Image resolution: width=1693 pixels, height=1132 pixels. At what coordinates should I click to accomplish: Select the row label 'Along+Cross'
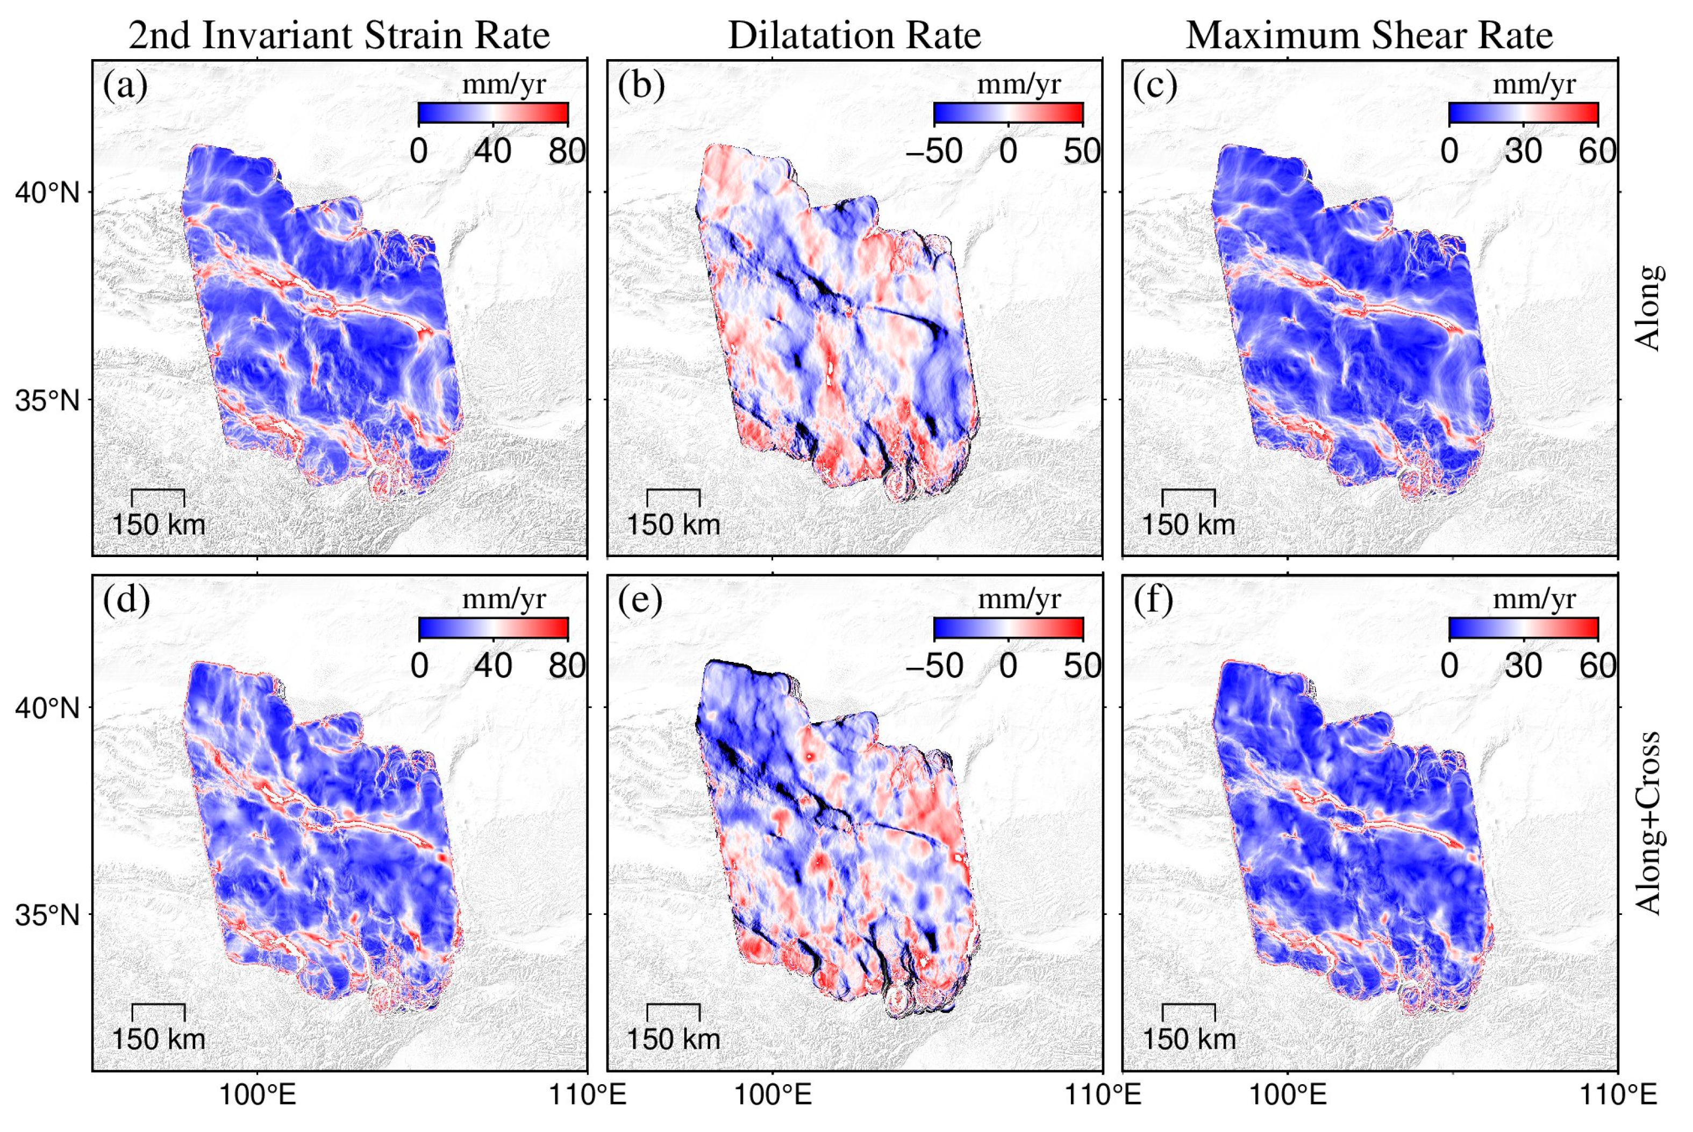(x=1648, y=824)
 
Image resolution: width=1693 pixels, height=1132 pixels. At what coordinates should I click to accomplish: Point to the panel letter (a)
(x=125, y=85)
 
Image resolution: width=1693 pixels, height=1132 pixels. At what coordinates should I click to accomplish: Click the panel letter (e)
(x=640, y=600)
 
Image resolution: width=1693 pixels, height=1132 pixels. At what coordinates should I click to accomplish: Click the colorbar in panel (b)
(x=1008, y=113)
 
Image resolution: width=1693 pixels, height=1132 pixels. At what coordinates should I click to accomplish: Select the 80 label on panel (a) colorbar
(x=566, y=152)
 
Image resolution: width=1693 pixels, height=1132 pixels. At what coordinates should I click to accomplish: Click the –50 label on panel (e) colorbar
(x=934, y=666)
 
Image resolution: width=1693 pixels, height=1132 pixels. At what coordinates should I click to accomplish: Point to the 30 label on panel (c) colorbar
(x=1523, y=152)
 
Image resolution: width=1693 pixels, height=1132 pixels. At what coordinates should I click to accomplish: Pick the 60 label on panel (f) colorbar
(x=1597, y=666)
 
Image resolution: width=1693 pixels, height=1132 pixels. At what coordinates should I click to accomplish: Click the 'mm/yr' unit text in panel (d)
(x=503, y=599)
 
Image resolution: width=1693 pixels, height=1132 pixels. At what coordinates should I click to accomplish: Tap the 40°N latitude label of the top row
(x=47, y=193)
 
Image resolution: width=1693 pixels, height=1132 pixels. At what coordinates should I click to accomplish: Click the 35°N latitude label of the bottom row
(x=47, y=915)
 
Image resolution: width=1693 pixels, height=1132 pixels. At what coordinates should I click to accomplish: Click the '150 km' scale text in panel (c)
(x=1188, y=525)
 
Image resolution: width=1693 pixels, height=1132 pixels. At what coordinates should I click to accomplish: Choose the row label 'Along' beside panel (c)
(x=1648, y=308)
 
